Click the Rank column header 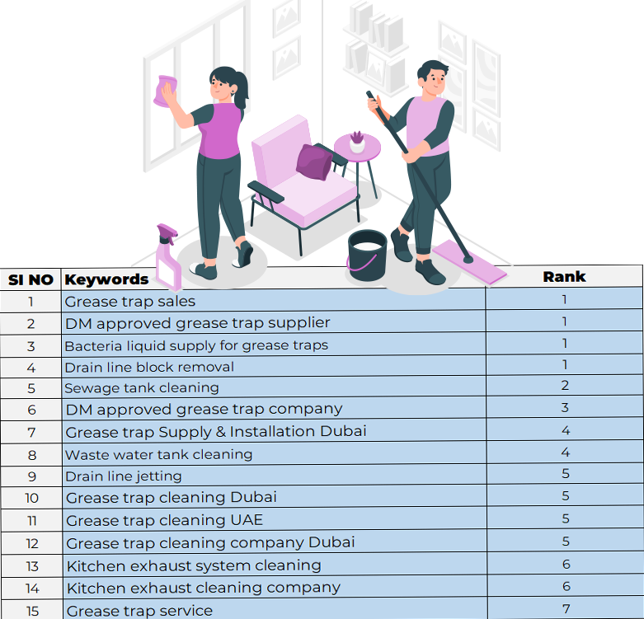564,277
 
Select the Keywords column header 106,279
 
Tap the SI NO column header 31,280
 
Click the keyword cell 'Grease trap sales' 129,302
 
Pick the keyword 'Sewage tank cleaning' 142,388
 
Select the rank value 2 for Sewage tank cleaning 565,385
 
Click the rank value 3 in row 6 565,408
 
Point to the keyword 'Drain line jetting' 124,476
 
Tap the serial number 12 32,543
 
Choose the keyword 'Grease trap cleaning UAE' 164,520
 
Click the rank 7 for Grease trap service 566,609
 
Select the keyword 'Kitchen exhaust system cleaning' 194,565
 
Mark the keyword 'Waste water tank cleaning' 159,454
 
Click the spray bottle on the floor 168,258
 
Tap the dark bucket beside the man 367,255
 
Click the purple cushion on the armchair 315,162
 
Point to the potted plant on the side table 357,142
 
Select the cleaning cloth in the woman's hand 165,91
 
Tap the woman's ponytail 242,90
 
